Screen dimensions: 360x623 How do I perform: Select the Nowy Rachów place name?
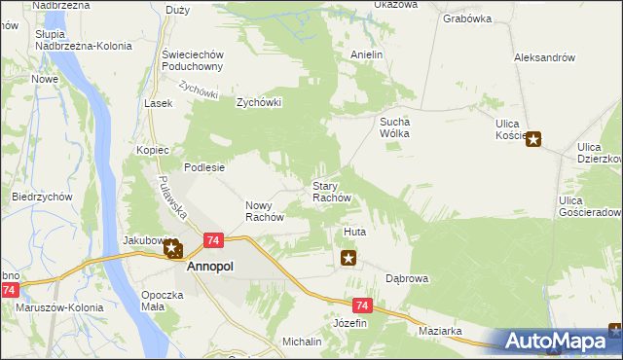pyautogui.click(x=264, y=211)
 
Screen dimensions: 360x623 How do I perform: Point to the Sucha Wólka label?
pyautogui.click(x=395, y=127)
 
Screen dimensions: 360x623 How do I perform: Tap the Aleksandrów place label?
pyautogui.click(x=544, y=57)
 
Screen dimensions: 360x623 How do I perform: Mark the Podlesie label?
pyautogui.click(x=205, y=167)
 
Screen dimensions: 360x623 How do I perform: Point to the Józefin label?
pyautogui.click(x=350, y=322)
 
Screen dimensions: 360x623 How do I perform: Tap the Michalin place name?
pyautogui.click(x=302, y=342)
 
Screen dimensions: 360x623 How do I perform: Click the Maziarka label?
pyautogui.click(x=440, y=332)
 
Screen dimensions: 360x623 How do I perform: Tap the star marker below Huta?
pyautogui.click(x=348, y=258)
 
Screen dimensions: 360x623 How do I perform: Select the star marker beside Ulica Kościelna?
pyautogui.click(x=533, y=138)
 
